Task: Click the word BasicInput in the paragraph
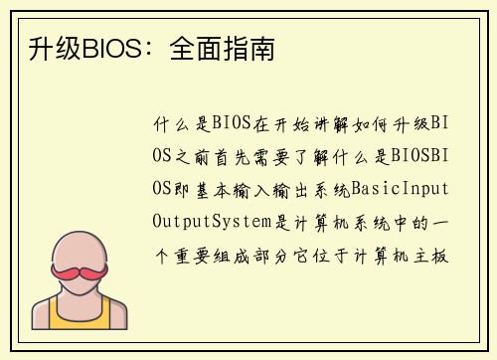(408, 187)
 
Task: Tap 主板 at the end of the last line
(438, 251)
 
